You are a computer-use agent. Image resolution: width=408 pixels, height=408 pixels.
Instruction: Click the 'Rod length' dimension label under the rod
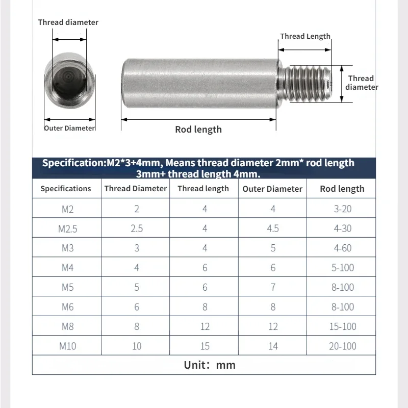198,130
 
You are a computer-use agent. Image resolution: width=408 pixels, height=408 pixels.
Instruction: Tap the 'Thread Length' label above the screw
305,36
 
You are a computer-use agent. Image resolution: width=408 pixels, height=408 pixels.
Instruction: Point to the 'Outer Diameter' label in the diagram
70,128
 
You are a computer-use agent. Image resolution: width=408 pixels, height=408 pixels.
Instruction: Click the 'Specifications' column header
66,189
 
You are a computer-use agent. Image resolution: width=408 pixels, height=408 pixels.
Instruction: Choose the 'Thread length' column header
203,189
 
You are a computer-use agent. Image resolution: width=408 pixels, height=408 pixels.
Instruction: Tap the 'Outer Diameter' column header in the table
272,189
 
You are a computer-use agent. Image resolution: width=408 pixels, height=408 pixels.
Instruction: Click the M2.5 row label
68,228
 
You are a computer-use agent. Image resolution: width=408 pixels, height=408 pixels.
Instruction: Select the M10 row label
68,346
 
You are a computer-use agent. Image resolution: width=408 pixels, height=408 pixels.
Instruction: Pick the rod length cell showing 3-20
342,209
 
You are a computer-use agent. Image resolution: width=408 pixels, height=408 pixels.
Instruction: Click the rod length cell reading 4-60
342,248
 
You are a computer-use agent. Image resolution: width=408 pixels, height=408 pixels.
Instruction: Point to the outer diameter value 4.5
273,228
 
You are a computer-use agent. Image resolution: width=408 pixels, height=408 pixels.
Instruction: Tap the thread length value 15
205,346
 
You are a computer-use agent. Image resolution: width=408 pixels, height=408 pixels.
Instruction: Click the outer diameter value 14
273,346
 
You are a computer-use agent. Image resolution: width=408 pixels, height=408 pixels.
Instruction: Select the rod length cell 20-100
342,346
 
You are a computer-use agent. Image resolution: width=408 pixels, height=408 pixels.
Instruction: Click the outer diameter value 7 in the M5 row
273,287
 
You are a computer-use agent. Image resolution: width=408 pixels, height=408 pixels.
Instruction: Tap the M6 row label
68,307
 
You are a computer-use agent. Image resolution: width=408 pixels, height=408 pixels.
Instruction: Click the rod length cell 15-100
342,326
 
